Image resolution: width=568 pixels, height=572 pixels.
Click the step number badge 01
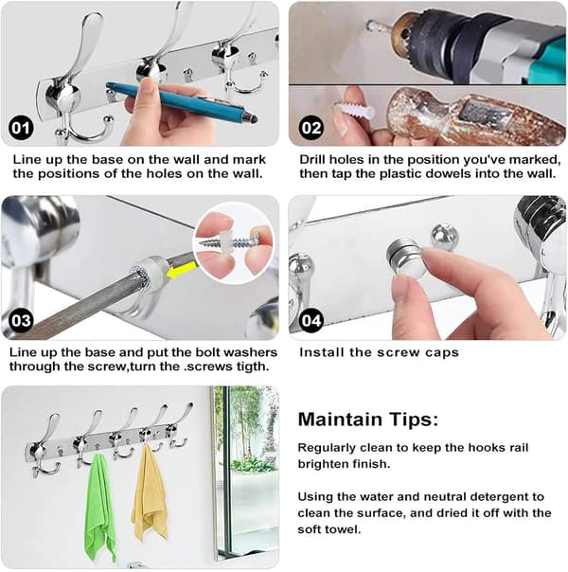click(21, 128)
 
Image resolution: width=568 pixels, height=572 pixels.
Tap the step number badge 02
click(311, 128)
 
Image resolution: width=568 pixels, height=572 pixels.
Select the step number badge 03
click(21, 320)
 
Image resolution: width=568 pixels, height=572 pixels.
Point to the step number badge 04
click(311, 320)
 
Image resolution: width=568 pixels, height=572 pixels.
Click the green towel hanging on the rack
click(99, 507)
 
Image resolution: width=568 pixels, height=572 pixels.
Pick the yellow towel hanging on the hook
click(150, 492)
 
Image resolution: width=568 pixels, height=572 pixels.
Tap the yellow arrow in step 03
click(181, 270)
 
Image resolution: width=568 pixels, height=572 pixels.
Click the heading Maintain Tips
click(368, 420)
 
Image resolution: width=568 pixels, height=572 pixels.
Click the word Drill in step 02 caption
click(311, 160)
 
